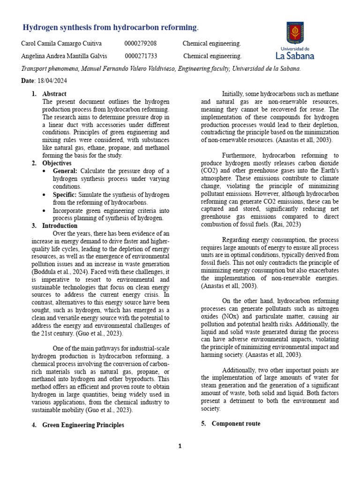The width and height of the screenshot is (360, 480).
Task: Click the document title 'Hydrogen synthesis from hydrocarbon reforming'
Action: tap(110, 28)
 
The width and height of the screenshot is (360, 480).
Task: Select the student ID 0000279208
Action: tap(141, 44)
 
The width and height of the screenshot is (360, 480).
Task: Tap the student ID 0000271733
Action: tap(141, 56)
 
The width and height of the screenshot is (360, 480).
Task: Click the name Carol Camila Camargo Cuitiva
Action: tap(61, 44)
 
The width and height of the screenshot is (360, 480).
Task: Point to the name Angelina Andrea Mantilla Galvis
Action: tap(64, 56)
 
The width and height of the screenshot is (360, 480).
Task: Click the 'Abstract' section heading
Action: tap(54, 94)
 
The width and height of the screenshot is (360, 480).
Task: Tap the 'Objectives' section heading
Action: tap(57, 163)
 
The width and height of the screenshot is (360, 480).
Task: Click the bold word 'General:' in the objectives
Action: tap(66, 171)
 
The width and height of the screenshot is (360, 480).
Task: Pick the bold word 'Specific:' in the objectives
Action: tap(65, 195)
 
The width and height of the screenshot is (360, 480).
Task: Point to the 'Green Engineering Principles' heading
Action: tap(83, 425)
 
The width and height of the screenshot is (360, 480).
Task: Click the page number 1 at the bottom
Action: tap(180, 446)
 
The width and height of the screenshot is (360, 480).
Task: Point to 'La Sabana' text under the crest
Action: tap(295, 56)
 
